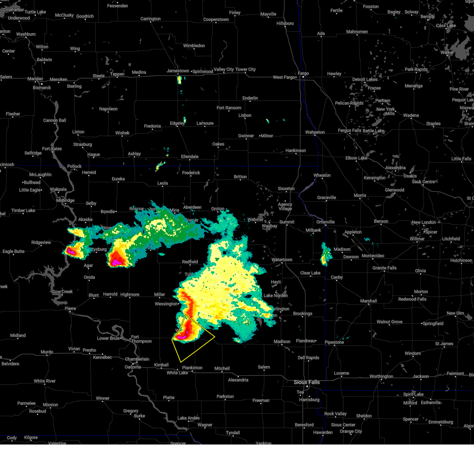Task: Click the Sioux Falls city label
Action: [307, 382]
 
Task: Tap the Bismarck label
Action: [42, 87]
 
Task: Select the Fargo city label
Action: [303, 73]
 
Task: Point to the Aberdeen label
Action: [192, 207]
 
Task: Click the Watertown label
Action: [282, 260]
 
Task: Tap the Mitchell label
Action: [222, 368]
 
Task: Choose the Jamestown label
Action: [178, 71]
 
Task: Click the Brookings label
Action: [303, 313]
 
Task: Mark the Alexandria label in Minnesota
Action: [395, 167]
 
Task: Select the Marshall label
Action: [369, 301]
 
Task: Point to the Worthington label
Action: [381, 376]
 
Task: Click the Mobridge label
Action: [65, 200]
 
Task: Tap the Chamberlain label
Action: [137, 359]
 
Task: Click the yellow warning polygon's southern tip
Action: [181, 362]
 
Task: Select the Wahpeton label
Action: [315, 132]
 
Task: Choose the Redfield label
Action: [190, 261]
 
